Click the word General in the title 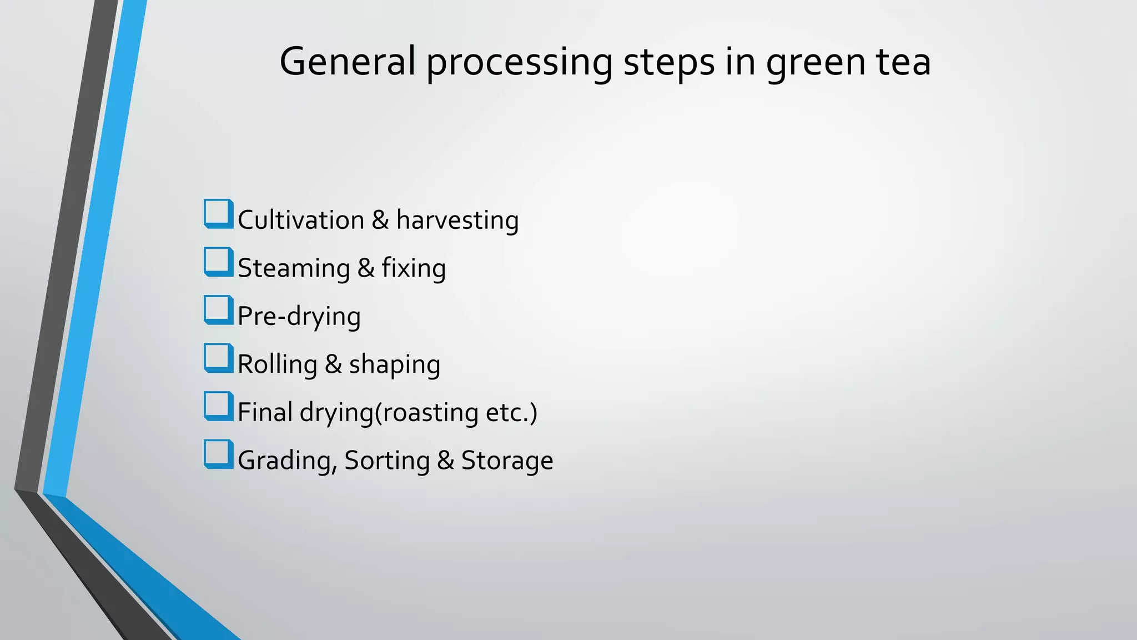tap(348, 61)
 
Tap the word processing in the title tap(519, 62)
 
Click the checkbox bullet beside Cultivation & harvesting tap(218, 214)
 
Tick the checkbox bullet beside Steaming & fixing tap(218, 262)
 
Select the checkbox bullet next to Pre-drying tap(218, 310)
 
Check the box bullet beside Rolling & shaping tap(218, 358)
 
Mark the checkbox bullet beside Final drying tap(218, 406)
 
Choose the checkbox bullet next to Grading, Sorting tap(218, 454)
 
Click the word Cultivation tap(300, 220)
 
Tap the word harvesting tap(457, 221)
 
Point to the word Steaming tap(294, 268)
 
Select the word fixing tap(413, 268)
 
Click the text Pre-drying tap(299, 317)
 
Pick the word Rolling tap(277, 365)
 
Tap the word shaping tap(394, 365)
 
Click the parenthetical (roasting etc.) tap(456, 413)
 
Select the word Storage tap(507, 461)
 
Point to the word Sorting tap(386, 461)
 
